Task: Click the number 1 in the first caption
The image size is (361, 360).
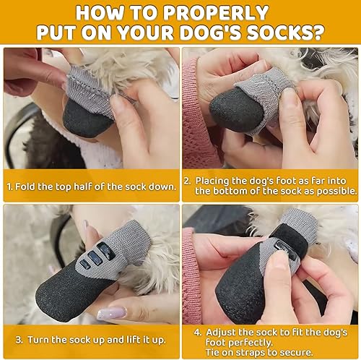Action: (10, 186)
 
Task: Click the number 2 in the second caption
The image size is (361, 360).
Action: (186, 180)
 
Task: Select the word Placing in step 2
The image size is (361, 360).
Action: (212, 180)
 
